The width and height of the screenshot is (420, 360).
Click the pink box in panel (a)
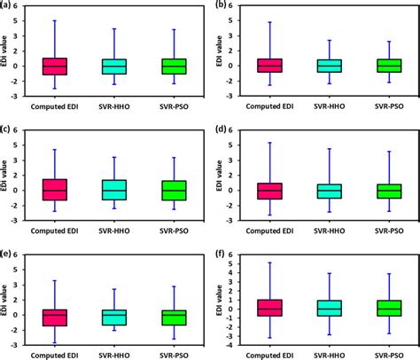click(x=54, y=66)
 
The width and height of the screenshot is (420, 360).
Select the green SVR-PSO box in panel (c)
click(x=172, y=190)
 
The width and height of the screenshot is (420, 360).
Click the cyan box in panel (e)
click(x=113, y=317)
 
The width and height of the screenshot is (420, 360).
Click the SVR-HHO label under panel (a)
click(x=113, y=108)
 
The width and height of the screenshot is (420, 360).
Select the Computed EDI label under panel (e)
click(x=54, y=356)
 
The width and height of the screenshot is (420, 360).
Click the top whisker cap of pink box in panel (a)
click(x=54, y=20)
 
